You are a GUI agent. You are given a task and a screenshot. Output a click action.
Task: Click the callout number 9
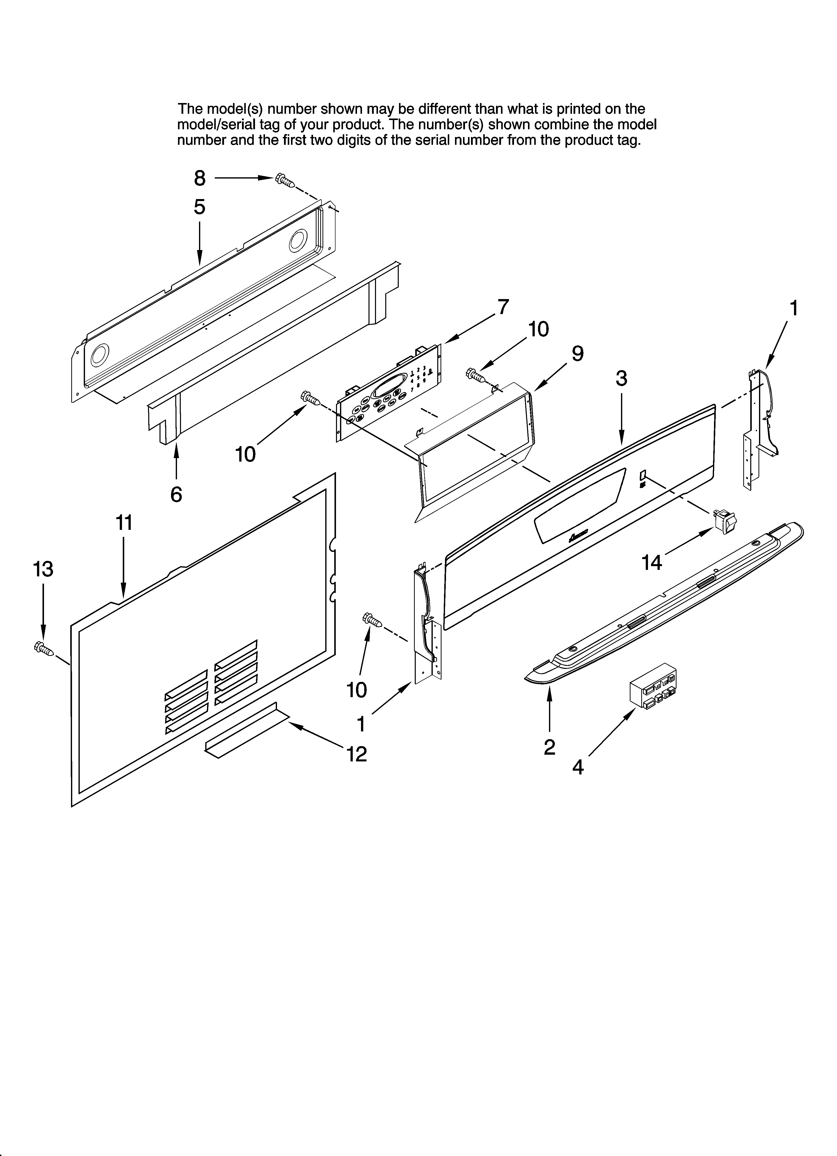(577, 353)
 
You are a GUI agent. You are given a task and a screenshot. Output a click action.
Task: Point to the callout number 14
(651, 563)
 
